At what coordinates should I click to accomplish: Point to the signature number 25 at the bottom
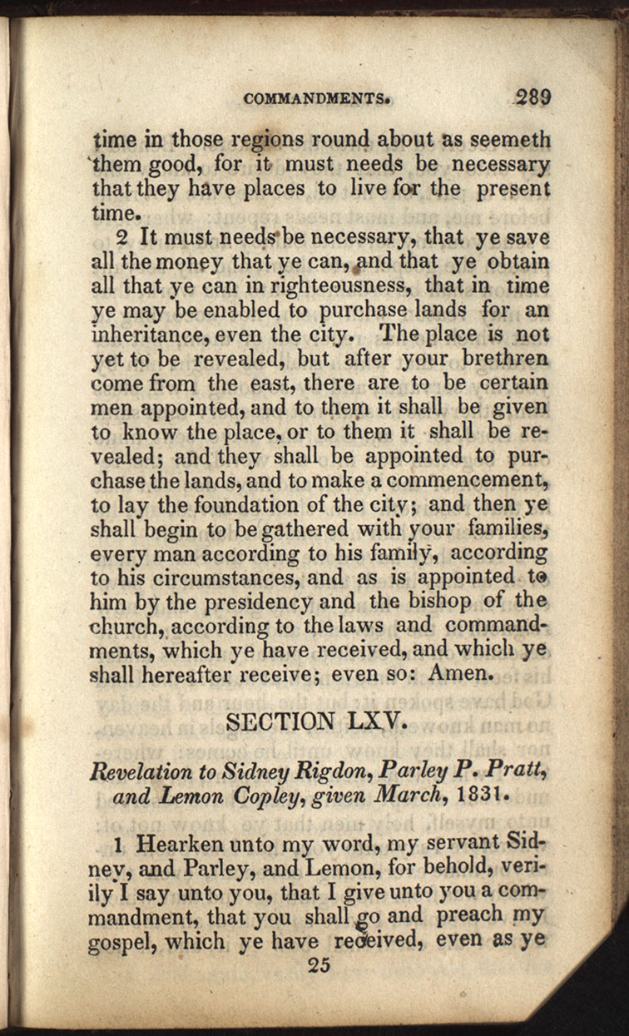[319, 965]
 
